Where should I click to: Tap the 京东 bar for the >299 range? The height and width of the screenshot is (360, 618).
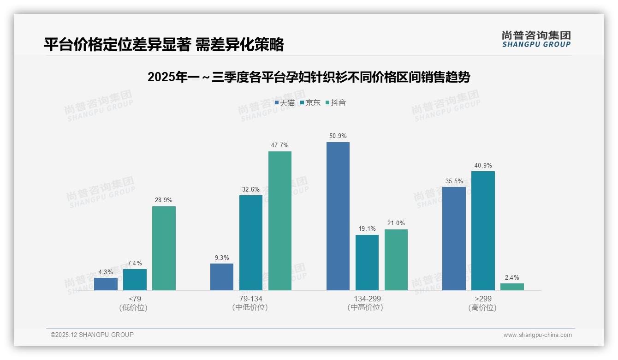coord(483,231)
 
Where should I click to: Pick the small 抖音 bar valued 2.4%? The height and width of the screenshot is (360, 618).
coord(512,287)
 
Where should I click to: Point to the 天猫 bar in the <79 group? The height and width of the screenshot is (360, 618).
coord(106,284)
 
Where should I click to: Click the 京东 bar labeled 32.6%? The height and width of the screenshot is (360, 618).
coord(250,243)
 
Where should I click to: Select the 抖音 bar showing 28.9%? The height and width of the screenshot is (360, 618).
coord(164,248)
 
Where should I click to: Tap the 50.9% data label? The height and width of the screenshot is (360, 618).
coord(338,136)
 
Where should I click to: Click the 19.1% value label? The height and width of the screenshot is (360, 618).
coord(367,228)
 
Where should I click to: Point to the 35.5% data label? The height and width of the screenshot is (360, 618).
coord(454,181)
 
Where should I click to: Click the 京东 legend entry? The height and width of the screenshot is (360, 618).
coord(310,103)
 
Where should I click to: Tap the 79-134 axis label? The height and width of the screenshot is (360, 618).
coord(250,299)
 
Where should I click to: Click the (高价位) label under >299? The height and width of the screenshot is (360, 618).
coord(482,307)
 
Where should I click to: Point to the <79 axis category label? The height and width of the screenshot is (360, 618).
coord(135,299)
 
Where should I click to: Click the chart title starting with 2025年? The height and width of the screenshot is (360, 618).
coord(309,77)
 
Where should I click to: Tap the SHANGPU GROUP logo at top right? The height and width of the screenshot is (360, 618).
coord(536,39)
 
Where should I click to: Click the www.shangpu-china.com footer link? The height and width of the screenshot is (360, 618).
coord(537,335)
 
